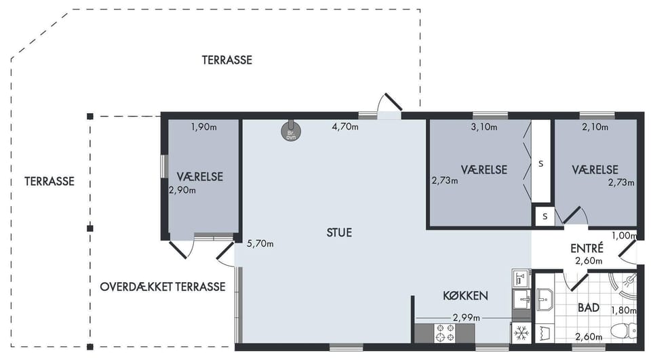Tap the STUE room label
tap(339, 233)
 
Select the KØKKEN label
tap(465, 296)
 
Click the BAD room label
tap(589, 308)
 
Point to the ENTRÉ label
tap(587, 248)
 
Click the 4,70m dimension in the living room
tap(345, 127)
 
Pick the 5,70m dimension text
tap(260, 244)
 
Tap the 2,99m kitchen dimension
tap(467, 318)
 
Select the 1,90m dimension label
tap(204, 127)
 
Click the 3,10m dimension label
tap(484, 127)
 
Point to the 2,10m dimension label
tap(595, 127)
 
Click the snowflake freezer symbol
tap(521, 333)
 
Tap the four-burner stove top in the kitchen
tap(445, 333)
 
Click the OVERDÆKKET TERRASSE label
tap(163, 287)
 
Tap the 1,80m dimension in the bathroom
tap(624, 311)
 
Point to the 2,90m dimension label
tap(182, 191)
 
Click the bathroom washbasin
tap(545, 299)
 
